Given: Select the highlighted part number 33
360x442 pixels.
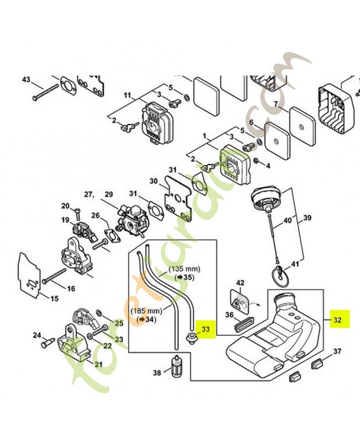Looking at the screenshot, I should click(205, 330).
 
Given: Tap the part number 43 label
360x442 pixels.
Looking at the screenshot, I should click(27, 80).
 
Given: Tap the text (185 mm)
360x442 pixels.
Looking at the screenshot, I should click(146, 311).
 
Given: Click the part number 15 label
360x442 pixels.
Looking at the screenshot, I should click(54, 299).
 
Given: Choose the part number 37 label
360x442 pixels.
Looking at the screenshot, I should click(337, 351).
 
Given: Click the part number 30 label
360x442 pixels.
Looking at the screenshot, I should click(153, 181).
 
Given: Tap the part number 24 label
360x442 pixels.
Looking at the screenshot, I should click(37, 334).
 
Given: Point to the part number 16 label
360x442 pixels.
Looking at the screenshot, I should click(71, 288).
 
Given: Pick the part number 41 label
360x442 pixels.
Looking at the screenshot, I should click(295, 264).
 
